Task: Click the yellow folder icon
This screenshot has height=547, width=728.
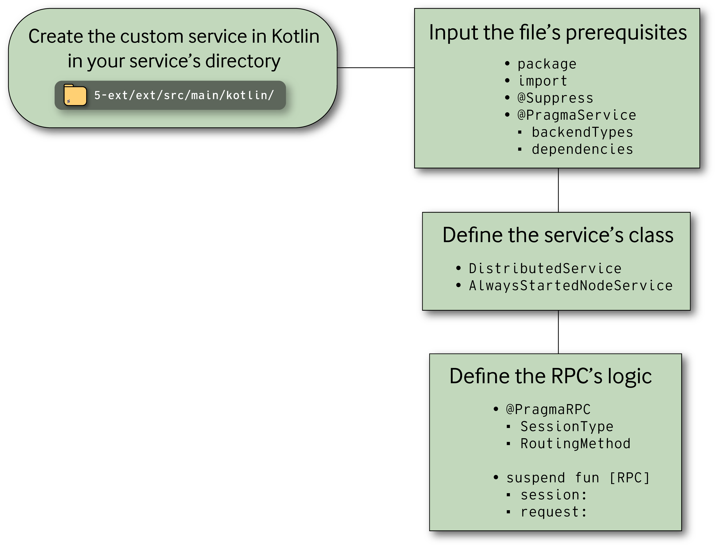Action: pyautogui.click(x=75, y=95)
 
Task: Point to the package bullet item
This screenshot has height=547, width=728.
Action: pyautogui.click(x=547, y=64)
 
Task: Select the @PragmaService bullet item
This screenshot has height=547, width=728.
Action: pyautogui.click(x=577, y=115)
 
